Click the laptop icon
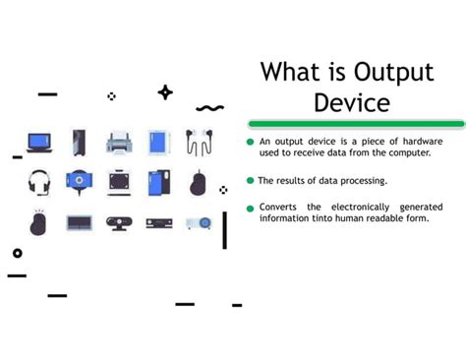click(39, 143)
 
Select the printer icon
click(119, 143)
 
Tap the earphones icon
click(199, 144)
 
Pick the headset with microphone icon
click(39, 183)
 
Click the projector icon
click(199, 222)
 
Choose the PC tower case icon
click(79, 143)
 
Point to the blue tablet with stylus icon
click(159, 143)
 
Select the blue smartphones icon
click(159, 183)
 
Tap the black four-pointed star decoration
click(165, 92)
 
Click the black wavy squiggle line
click(209, 107)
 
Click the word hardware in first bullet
click(418, 143)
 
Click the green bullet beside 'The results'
click(251, 181)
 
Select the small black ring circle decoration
click(17, 253)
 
